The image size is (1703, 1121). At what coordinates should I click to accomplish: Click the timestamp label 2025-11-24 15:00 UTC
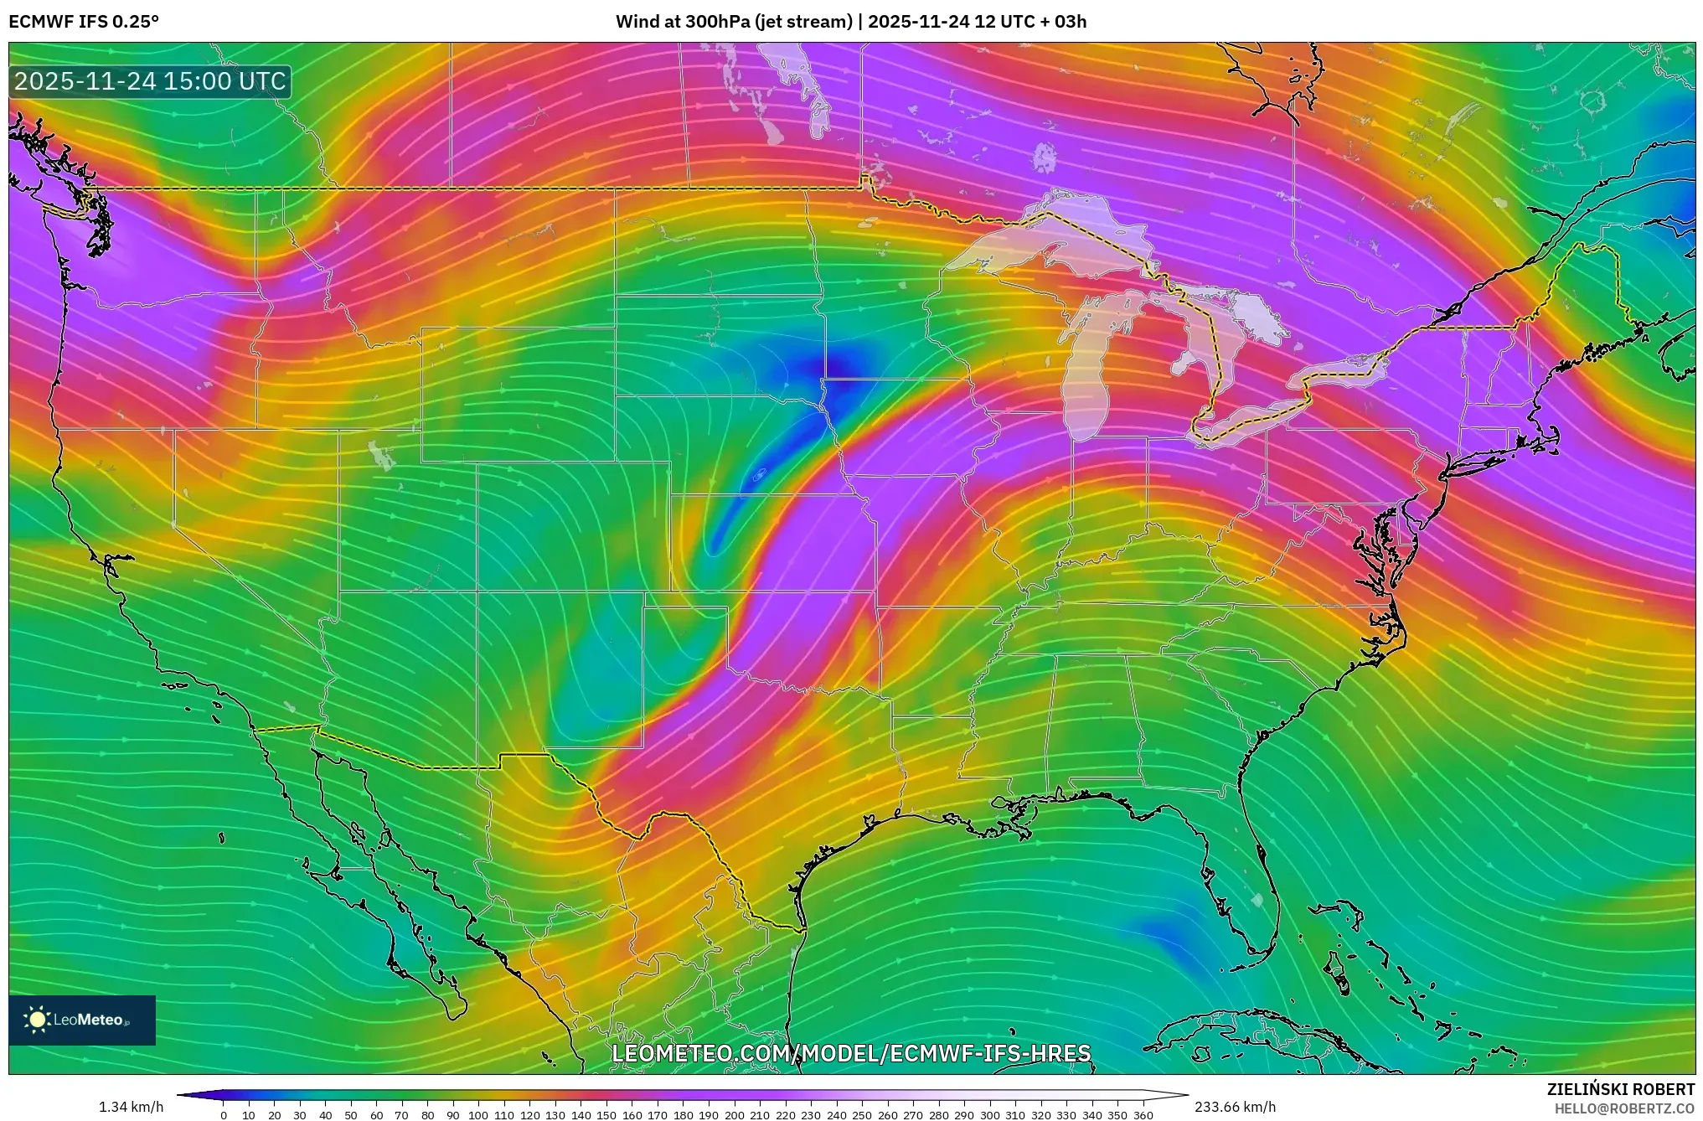[150, 81]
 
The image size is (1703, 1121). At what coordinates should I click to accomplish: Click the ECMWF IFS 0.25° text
[84, 22]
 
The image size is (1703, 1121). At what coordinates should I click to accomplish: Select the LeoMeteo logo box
[82, 1020]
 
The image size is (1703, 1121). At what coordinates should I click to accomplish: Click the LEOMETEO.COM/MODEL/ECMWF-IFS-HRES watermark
[851, 1053]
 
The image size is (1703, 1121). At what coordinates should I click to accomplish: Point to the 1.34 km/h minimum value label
[131, 1107]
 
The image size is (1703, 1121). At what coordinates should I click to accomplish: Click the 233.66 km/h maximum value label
[1235, 1107]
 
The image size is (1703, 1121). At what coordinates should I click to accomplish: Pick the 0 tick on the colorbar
[224, 1115]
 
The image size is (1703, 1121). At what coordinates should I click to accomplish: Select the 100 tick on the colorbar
[478, 1115]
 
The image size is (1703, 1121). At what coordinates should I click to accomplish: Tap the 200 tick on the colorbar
[735, 1115]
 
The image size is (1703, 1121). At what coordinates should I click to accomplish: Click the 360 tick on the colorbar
[1143, 1115]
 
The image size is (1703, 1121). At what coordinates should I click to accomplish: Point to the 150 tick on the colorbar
[606, 1115]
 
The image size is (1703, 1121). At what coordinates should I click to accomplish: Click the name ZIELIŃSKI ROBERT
[1620, 1089]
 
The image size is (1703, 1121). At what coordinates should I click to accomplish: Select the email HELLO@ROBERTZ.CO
[1624, 1108]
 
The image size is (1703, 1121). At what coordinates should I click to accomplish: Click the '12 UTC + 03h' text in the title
[1030, 22]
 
